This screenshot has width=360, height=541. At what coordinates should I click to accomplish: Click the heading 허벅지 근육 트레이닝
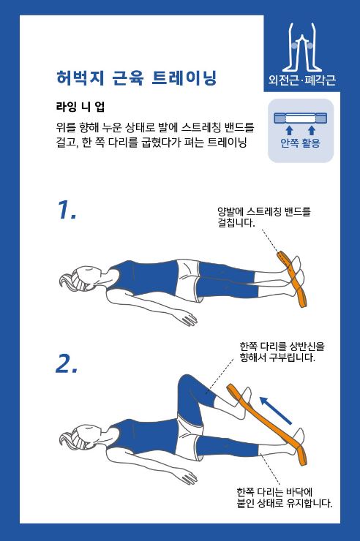(136, 77)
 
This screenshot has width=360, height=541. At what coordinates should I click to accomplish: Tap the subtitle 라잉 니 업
(80, 107)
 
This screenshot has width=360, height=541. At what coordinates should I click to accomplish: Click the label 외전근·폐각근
(302, 80)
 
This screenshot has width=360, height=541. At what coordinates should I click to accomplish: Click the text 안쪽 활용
(300, 143)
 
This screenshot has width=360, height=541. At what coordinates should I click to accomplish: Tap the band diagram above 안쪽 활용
(300, 118)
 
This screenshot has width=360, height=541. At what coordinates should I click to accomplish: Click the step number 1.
(67, 210)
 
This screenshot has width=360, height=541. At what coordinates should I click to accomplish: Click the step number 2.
(67, 363)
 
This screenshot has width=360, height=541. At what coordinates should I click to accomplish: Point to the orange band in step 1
(292, 279)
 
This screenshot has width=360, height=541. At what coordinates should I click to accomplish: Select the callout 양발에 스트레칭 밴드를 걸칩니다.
(264, 217)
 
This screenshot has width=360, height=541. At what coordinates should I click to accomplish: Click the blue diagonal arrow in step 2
(276, 410)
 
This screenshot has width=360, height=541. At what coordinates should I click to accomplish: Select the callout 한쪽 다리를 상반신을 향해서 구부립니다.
(282, 352)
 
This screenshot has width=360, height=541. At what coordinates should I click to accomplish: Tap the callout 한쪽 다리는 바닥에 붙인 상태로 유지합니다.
(285, 498)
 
